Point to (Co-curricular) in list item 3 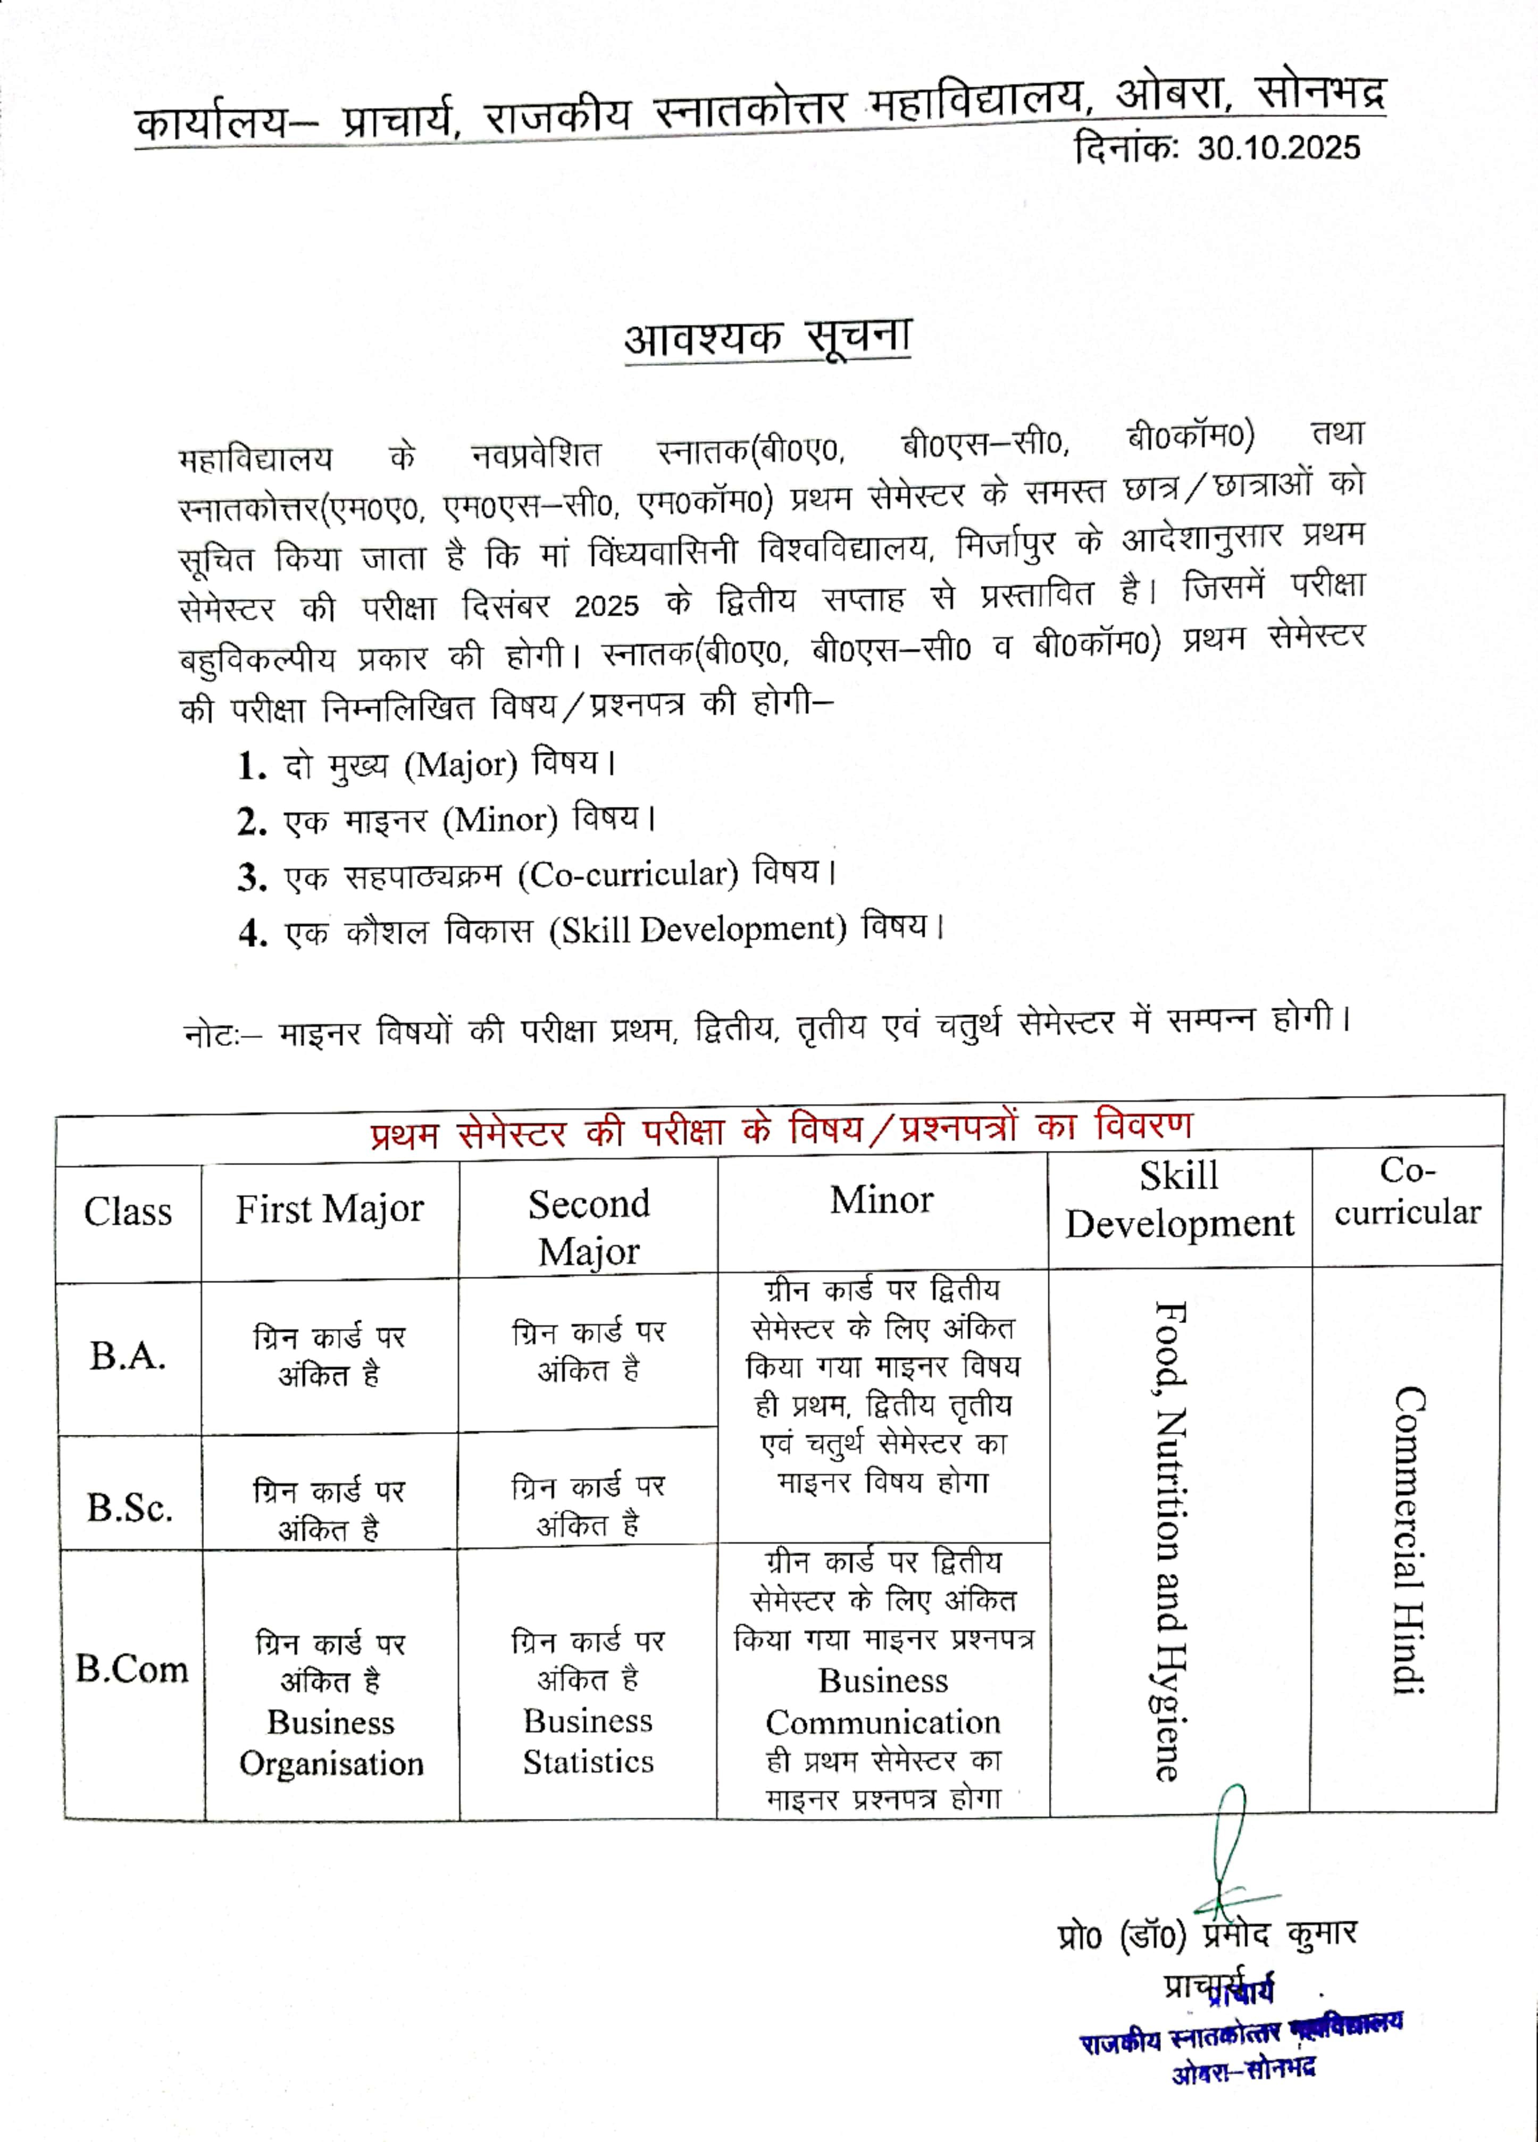tap(628, 875)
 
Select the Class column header tap(128, 1212)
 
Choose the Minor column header tap(881, 1200)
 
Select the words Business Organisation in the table tap(331, 1743)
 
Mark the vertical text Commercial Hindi tap(1409, 1539)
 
